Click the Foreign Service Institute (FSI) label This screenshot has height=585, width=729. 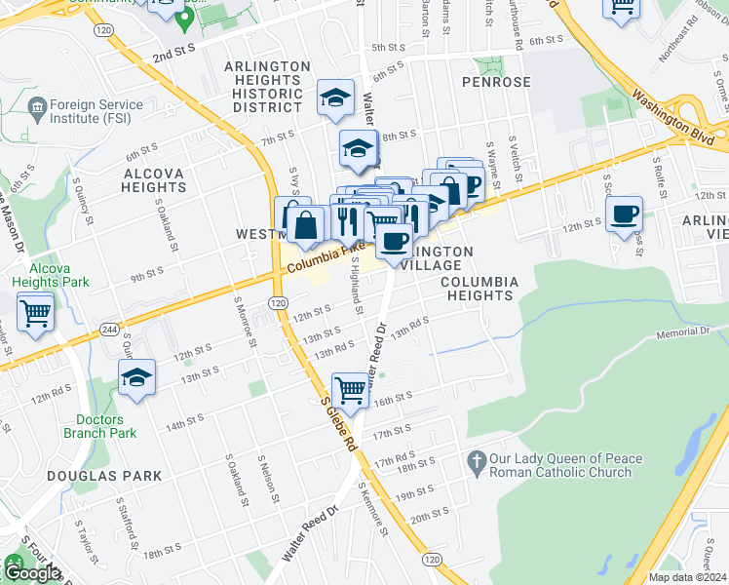pos(95,113)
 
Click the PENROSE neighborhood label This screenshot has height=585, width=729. pos(502,82)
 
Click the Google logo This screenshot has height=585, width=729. pos(32,573)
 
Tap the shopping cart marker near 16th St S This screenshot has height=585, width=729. pos(350,390)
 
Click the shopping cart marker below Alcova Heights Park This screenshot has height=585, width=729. pos(35,313)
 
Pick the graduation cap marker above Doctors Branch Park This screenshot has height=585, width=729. pos(137,378)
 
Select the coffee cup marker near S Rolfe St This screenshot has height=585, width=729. pos(624,214)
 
